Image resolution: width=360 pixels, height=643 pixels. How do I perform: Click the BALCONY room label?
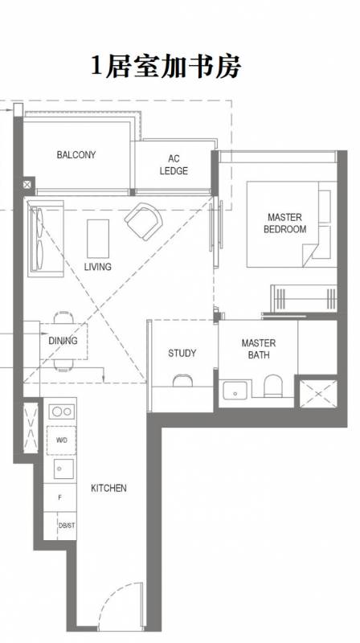pos(76,154)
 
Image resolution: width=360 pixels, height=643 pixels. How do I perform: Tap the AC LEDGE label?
pos(174,165)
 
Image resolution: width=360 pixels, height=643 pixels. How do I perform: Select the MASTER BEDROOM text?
pos(284,223)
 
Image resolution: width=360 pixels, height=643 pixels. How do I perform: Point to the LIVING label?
pos(97,267)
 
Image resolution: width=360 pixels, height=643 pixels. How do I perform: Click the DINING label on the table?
pos(63,340)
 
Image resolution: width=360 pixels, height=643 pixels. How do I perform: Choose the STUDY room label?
pos(182,353)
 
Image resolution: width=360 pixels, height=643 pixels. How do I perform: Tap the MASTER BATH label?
pos(259,349)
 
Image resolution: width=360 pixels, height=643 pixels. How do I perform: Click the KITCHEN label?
pos(108,488)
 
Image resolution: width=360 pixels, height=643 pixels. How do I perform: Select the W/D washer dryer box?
pos(62,440)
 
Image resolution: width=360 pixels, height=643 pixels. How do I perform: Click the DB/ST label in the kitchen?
pos(67,525)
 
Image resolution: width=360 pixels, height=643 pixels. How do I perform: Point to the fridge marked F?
pos(59,498)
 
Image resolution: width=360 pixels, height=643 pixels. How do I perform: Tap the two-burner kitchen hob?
pos(62,412)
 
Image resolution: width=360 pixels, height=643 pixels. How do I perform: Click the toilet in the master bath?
pos(272,386)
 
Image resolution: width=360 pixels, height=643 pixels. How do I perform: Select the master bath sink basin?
pos(235,390)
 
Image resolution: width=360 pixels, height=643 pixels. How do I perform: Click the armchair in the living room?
pos(144,220)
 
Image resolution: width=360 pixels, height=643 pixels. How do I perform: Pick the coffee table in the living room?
pos(98,238)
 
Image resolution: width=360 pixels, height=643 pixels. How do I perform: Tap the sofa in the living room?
pos(46,238)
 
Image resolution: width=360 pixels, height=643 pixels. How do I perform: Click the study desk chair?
pos(182,380)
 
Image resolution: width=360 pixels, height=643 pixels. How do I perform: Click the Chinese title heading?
pos(166,67)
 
